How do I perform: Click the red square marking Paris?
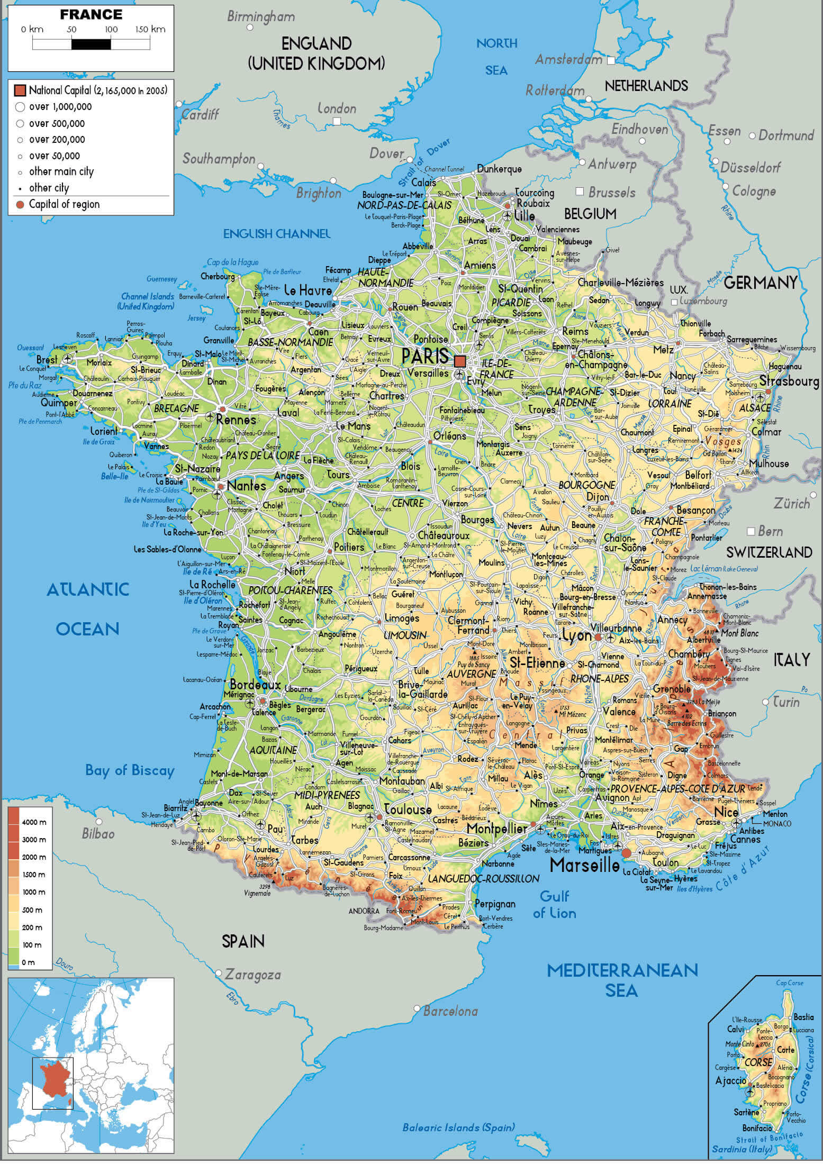click(x=460, y=361)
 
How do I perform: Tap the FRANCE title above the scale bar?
click(x=91, y=15)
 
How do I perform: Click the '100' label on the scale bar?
click(x=111, y=30)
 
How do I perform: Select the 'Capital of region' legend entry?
click(x=64, y=204)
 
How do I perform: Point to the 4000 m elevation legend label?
click(x=34, y=822)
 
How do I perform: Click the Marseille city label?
click(x=584, y=866)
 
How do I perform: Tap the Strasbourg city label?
click(x=789, y=381)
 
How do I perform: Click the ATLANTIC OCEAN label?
click(x=88, y=609)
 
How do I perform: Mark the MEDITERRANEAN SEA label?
click(x=622, y=980)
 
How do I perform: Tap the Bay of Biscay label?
click(x=130, y=770)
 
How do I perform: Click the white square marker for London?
click(x=337, y=122)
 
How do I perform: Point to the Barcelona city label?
click(x=450, y=1011)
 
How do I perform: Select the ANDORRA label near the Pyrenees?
click(x=364, y=911)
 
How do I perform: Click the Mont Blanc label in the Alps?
click(x=739, y=633)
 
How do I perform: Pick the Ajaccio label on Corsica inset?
click(x=730, y=1080)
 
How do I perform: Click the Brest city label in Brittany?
click(x=47, y=360)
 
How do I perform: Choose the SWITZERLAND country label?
click(x=768, y=552)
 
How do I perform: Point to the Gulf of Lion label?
click(x=554, y=904)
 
